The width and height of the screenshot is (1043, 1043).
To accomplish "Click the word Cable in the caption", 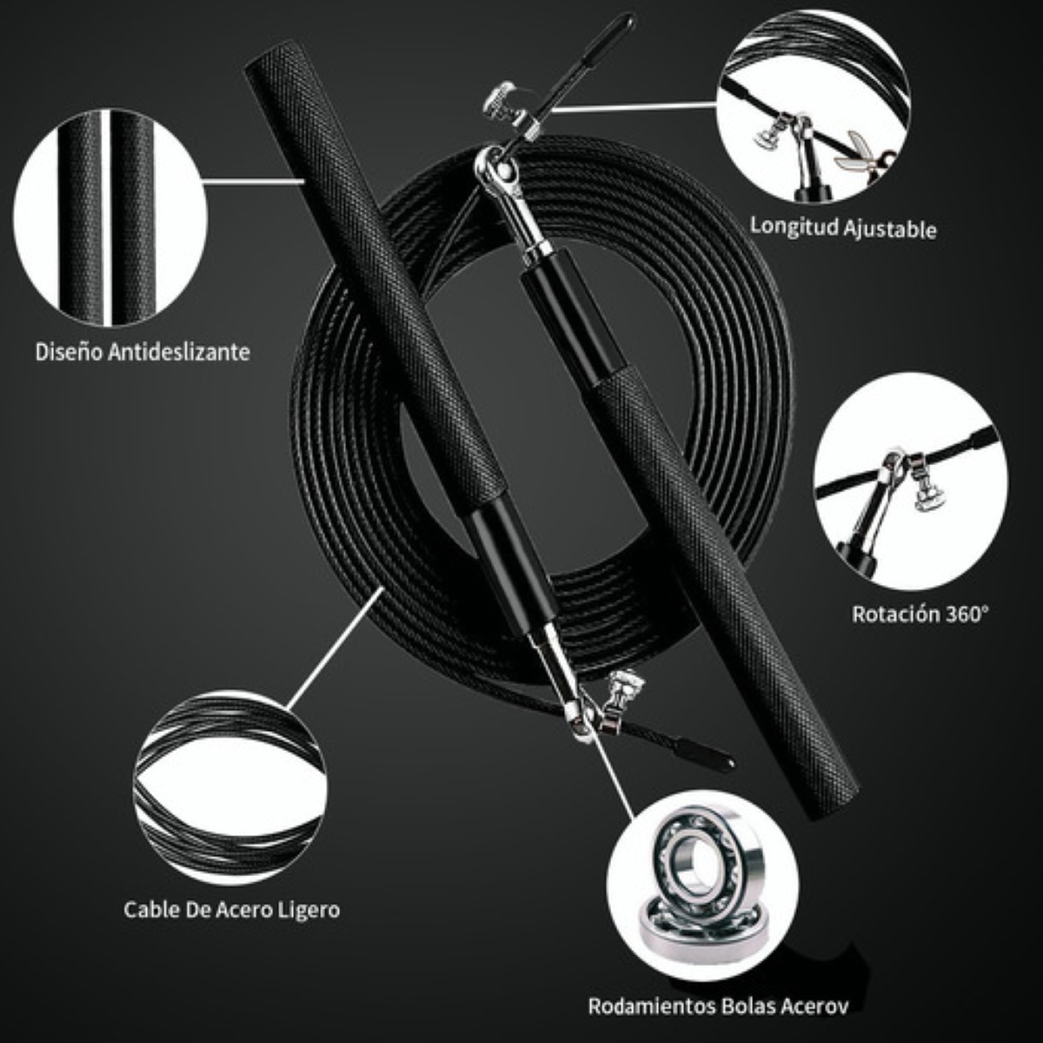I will [x=151, y=910].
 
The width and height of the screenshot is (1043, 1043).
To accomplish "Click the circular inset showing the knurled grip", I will [x=110, y=217].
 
